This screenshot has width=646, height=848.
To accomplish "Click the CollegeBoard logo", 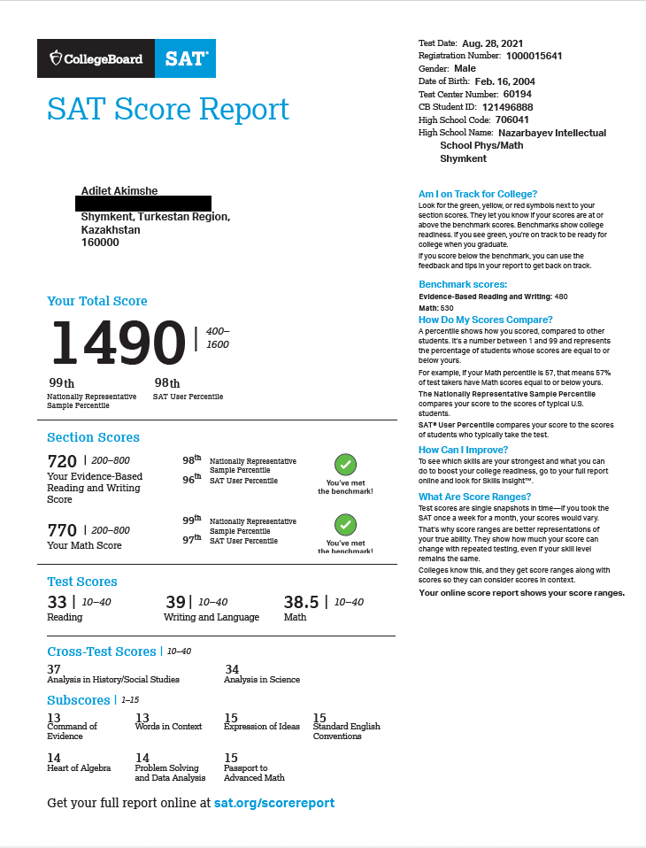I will click(96, 58).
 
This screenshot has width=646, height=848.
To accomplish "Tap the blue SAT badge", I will click(186, 58).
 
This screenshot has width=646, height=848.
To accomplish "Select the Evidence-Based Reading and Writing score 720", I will click(62, 460).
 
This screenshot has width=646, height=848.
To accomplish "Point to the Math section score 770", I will click(62, 529).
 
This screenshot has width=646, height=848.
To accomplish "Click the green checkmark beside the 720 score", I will click(345, 465).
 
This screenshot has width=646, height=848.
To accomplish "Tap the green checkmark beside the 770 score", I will click(345, 525).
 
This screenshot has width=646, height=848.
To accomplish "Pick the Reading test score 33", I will click(57, 602).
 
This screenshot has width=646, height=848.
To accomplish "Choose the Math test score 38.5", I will click(301, 602).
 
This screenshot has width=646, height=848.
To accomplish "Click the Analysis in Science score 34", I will click(232, 669).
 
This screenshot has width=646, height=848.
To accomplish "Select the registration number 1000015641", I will click(534, 56).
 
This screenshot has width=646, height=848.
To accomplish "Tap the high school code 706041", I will click(512, 119).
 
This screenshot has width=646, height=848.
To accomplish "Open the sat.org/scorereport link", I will click(274, 803).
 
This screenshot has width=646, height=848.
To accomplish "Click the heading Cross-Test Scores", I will click(101, 651).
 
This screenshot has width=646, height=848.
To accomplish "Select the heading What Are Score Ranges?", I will click(474, 497).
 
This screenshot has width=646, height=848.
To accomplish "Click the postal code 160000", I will click(100, 242).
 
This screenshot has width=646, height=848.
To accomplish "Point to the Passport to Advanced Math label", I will click(254, 773).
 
